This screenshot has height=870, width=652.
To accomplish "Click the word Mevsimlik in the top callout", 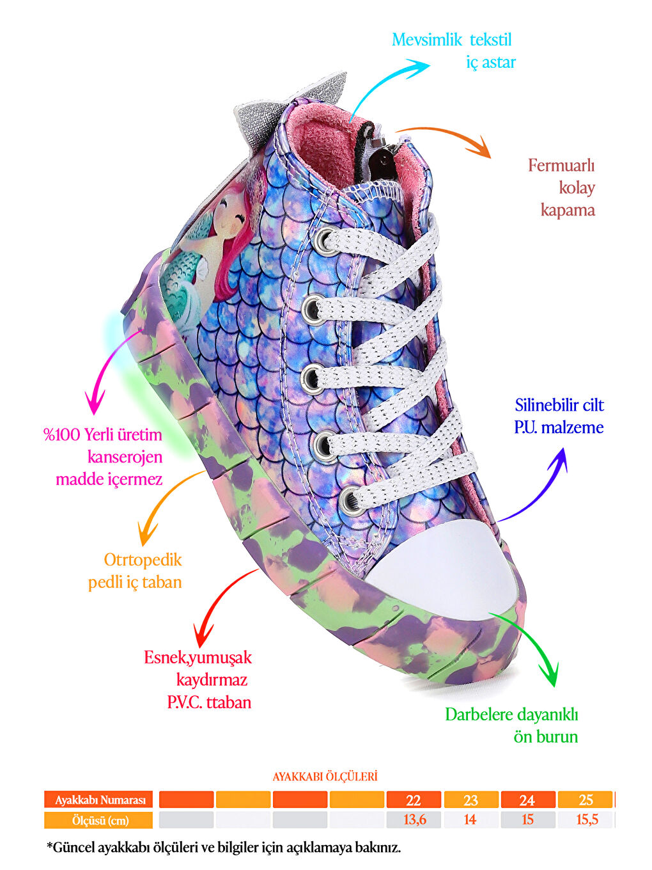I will (426, 40).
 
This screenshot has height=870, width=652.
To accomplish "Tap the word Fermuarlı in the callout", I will (561, 166).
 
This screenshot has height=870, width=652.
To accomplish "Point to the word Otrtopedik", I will (143, 560).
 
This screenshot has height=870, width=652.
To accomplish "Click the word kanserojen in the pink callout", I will (125, 457).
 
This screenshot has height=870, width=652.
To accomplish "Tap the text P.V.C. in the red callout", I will (184, 702).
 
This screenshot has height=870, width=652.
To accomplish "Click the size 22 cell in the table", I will (414, 800).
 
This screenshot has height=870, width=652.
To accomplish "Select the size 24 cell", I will (527, 800).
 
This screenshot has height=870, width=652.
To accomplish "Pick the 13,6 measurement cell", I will (414, 819).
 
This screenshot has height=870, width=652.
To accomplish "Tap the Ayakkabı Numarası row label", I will (99, 800).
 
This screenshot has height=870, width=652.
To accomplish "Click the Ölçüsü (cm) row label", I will (99, 820).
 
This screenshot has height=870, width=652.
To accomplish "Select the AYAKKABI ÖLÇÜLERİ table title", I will (325, 777).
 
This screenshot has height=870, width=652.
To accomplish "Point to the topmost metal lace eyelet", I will (325, 239).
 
